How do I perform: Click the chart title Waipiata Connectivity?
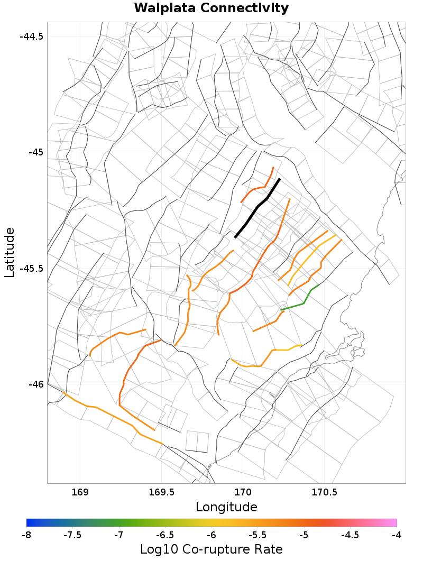coord(211,8)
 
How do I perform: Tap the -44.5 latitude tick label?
coord(31,36)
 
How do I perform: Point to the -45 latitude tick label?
coord(35,152)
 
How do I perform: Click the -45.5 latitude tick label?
coord(31,268)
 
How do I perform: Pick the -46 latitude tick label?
coord(35,384)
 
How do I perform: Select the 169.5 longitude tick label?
coord(161,493)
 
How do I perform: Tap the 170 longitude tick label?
coord(243,493)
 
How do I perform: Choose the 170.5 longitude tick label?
coord(324,493)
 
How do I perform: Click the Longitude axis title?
coord(226,507)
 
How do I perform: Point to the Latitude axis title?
coord(10,252)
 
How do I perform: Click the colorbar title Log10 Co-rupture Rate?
coord(211,549)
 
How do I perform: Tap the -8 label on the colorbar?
coord(26,535)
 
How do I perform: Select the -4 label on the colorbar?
coord(397,535)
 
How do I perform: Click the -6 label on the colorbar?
coord(212,535)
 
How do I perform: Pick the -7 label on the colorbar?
coord(119,535)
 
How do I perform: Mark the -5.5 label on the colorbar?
coord(258,535)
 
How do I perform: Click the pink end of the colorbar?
coord(393,522)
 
